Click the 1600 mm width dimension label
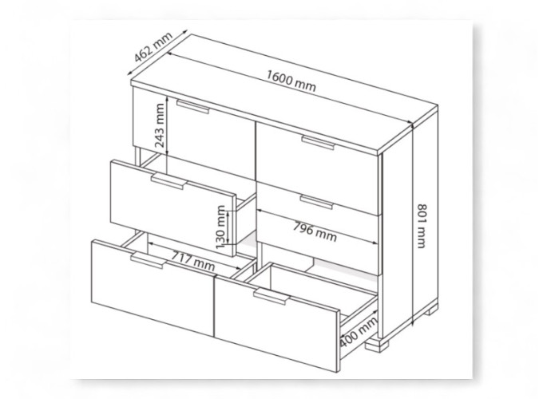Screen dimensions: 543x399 291,81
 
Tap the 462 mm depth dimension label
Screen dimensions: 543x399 153,47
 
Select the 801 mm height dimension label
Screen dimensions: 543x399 421,226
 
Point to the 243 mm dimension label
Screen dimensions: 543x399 159,125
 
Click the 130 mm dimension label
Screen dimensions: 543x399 220,227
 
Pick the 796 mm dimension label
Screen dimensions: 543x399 315,231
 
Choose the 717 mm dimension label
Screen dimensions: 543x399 193,261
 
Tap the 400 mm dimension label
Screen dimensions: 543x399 358,331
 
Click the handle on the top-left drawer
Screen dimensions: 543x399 193,106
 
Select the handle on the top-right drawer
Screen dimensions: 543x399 318,142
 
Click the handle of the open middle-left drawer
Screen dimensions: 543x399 168,181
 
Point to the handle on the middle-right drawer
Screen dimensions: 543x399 316,202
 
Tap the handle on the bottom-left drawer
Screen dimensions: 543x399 149,260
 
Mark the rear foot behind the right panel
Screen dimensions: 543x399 431,310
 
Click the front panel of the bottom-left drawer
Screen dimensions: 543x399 153,286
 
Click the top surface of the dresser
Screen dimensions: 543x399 284,93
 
